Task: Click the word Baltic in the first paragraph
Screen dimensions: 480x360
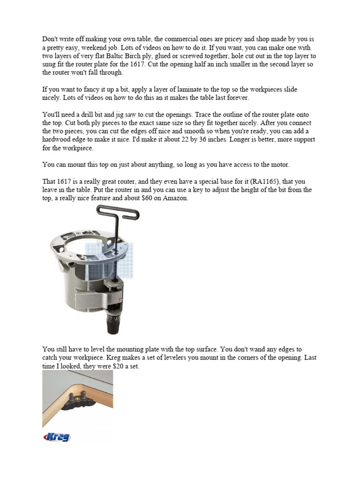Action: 124,55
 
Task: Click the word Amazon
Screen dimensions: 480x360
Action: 174,199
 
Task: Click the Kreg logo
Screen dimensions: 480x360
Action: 57,437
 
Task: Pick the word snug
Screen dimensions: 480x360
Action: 50,64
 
